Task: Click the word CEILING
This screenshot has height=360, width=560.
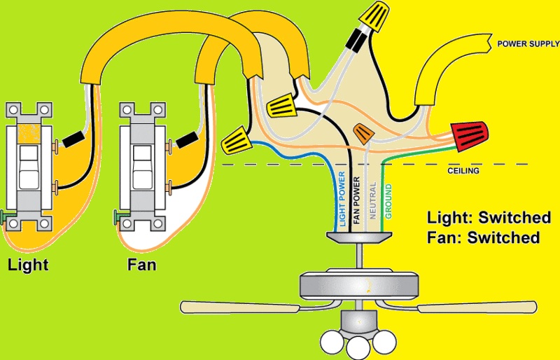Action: click(x=463, y=170)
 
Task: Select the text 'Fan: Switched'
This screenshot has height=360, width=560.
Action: click(x=483, y=237)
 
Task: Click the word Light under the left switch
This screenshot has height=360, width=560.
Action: click(x=28, y=265)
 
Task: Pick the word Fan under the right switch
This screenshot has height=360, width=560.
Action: click(x=141, y=265)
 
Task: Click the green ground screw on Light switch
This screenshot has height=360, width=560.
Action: click(x=6, y=215)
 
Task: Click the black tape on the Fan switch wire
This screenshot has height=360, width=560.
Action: click(x=185, y=140)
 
